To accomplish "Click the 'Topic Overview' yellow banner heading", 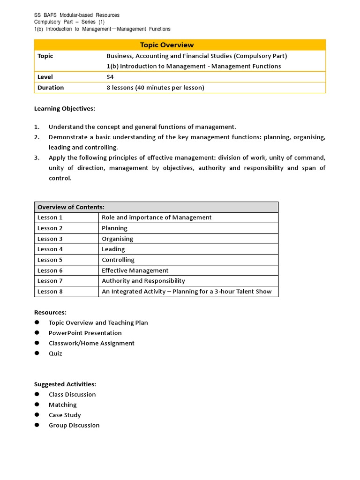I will pyautogui.click(x=167, y=45).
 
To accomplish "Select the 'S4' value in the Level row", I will pyautogui.click(x=111, y=77).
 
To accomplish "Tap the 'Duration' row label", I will pyautogui.click(x=51, y=88).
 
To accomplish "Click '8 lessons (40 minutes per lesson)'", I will pyautogui.click(x=155, y=88).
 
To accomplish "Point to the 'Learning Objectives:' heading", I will pyautogui.click(x=65, y=109).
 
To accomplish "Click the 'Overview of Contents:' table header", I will pyautogui.click(x=71, y=207).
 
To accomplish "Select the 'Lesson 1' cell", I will pyautogui.click(x=50, y=217).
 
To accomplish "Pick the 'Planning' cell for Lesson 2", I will pyautogui.click(x=114, y=228).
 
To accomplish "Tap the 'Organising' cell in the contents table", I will pyautogui.click(x=117, y=239).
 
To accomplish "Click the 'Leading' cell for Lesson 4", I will pyautogui.click(x=113, y=249).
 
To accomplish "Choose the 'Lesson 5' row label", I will pyautogui.click(x=50, y=260).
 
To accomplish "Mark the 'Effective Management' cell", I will pyautogui.click(x=135, y=270).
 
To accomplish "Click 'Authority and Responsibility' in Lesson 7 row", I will pyautogui.click(x=143, y=281).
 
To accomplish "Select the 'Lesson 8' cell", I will pyautogui.click(x=50, y=292).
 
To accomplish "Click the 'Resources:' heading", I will pyautogui.click(x=50, y=312).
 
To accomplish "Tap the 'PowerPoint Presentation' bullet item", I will pyautogui.click(x=85, y=333).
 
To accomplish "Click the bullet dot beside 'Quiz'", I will pyautogui.click(x=37, y=353).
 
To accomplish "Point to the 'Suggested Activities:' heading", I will pyautogui.click(x=65, y=384).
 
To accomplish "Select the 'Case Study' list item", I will pyautogui.click(x=65, y=415).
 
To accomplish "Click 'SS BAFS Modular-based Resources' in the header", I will pyautogui.click(x=77, y=15).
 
